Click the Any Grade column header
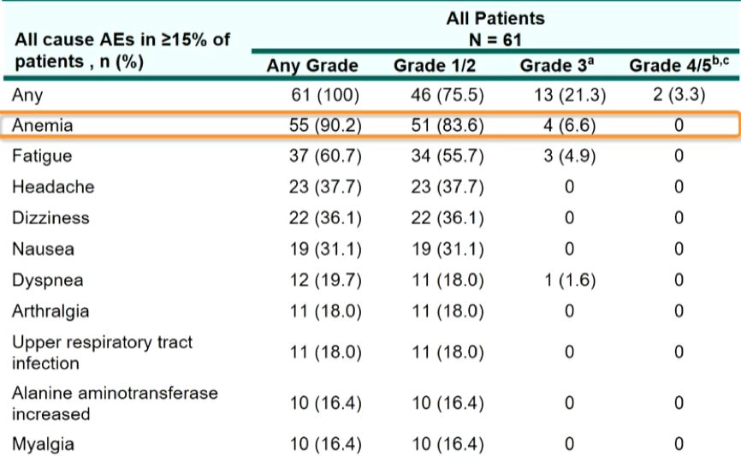tap(312, 66)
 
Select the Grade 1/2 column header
tap(435, 66)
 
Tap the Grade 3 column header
tap(557, 65)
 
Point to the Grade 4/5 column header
tap(679, 65)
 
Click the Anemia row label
tap(43, 125)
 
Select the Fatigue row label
tap(42, 157)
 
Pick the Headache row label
tap(53, 187)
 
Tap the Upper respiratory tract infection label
tap(102, 352)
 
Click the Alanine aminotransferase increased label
tap(115, 403)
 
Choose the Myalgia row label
tap(43, 445)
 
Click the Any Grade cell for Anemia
tap(325, 125)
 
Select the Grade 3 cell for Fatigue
tap(570, 156)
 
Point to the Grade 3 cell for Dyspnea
tap(570, 281)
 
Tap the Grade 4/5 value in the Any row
tap(679, 94)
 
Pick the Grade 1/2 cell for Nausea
tap(448, 249)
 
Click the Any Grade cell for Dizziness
tap(325, 218)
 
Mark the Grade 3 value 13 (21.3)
tap(570, 95)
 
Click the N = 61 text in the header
tap(495, 40)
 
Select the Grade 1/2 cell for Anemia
tap(448, 125)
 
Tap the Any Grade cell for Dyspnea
tap(325, 281)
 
